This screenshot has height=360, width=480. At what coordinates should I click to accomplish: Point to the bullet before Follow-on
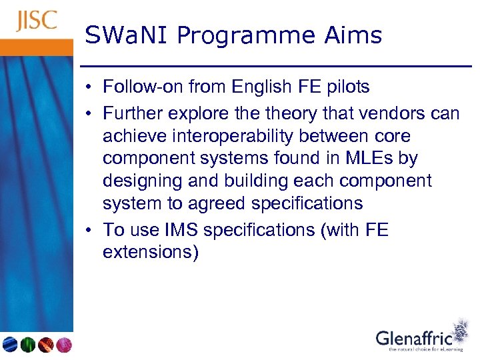(89, 87)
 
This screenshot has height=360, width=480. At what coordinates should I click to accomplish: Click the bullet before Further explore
(89, 114)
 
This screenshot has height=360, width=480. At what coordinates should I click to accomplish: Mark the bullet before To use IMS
(89, 230)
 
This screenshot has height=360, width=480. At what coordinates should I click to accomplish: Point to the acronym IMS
(180, 230)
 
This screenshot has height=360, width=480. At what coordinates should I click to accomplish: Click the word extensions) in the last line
(150, 253)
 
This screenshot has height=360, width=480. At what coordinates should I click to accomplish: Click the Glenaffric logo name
(413, 339)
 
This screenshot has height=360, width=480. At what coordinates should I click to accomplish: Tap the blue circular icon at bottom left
(10, 345)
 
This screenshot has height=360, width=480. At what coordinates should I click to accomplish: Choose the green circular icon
(27, 345)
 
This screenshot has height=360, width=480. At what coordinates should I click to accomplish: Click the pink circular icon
(63, 345)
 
